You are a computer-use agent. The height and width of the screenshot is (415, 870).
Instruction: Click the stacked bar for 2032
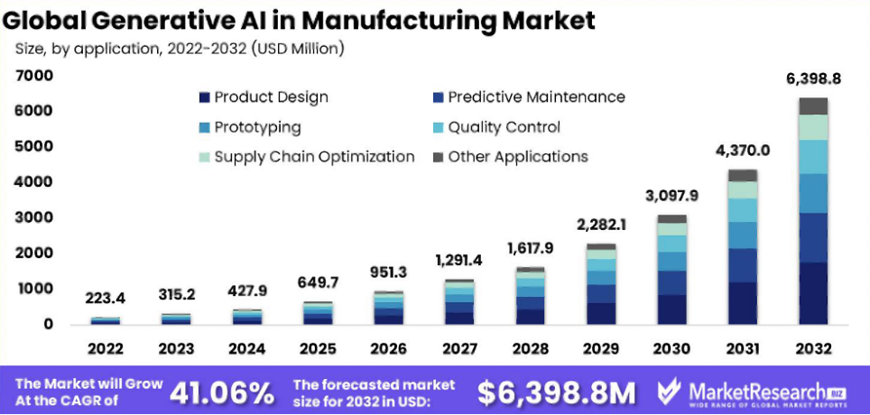[x=813, y=211]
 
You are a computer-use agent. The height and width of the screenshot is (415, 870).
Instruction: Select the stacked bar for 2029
[x=601, y=284]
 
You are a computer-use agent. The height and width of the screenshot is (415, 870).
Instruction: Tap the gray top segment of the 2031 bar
[x=743, y=175]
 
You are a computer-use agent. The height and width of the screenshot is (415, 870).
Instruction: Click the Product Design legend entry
[x=263, y=97]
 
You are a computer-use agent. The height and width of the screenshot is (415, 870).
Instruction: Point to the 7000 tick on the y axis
[x=34, y=76]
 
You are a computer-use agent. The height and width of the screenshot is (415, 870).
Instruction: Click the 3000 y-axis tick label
[x=34, y=217]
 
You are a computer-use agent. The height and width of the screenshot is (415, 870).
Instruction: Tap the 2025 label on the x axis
[x=318, y=348]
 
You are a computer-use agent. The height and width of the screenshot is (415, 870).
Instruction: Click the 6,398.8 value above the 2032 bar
[x=813, y=79]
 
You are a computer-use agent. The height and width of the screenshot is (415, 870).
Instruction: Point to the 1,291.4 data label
[x=459, y=261]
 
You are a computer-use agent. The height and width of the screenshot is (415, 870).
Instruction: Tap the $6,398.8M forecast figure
[x=556, y=392]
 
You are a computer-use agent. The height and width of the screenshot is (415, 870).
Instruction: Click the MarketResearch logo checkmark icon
[x=670, y=392]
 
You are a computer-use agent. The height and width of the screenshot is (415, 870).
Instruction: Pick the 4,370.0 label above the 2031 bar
[x=743, y=151]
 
